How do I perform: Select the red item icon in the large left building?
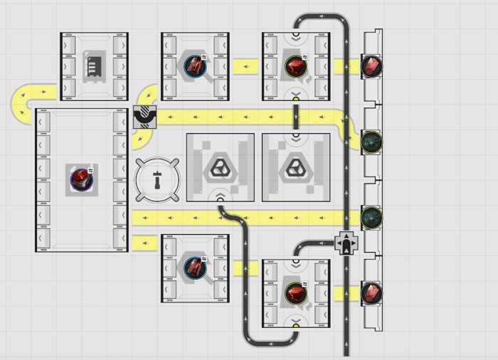tap(82, 179)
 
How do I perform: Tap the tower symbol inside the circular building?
tap(158, 179)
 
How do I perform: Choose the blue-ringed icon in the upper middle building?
tap(194, 66)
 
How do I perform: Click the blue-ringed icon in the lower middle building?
tap(194, 268)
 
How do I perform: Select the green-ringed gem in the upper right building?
tap(295, 66)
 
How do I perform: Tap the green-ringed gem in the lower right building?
tap(295, 292)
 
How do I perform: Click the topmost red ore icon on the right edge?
tap(371, 66)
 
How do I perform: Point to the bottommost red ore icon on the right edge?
tap(371, 292)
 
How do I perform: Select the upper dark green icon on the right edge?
tap(371, 141)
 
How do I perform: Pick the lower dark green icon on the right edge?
tap(371, 217)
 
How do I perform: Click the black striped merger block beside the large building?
tap(144, 117)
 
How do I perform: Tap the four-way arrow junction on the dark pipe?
tap(346, 243)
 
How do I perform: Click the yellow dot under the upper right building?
tap(296, 100)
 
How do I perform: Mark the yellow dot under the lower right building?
tap(296, 327)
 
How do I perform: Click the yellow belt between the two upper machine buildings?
tap(245, 67)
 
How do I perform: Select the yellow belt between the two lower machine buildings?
tap(245, 268)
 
